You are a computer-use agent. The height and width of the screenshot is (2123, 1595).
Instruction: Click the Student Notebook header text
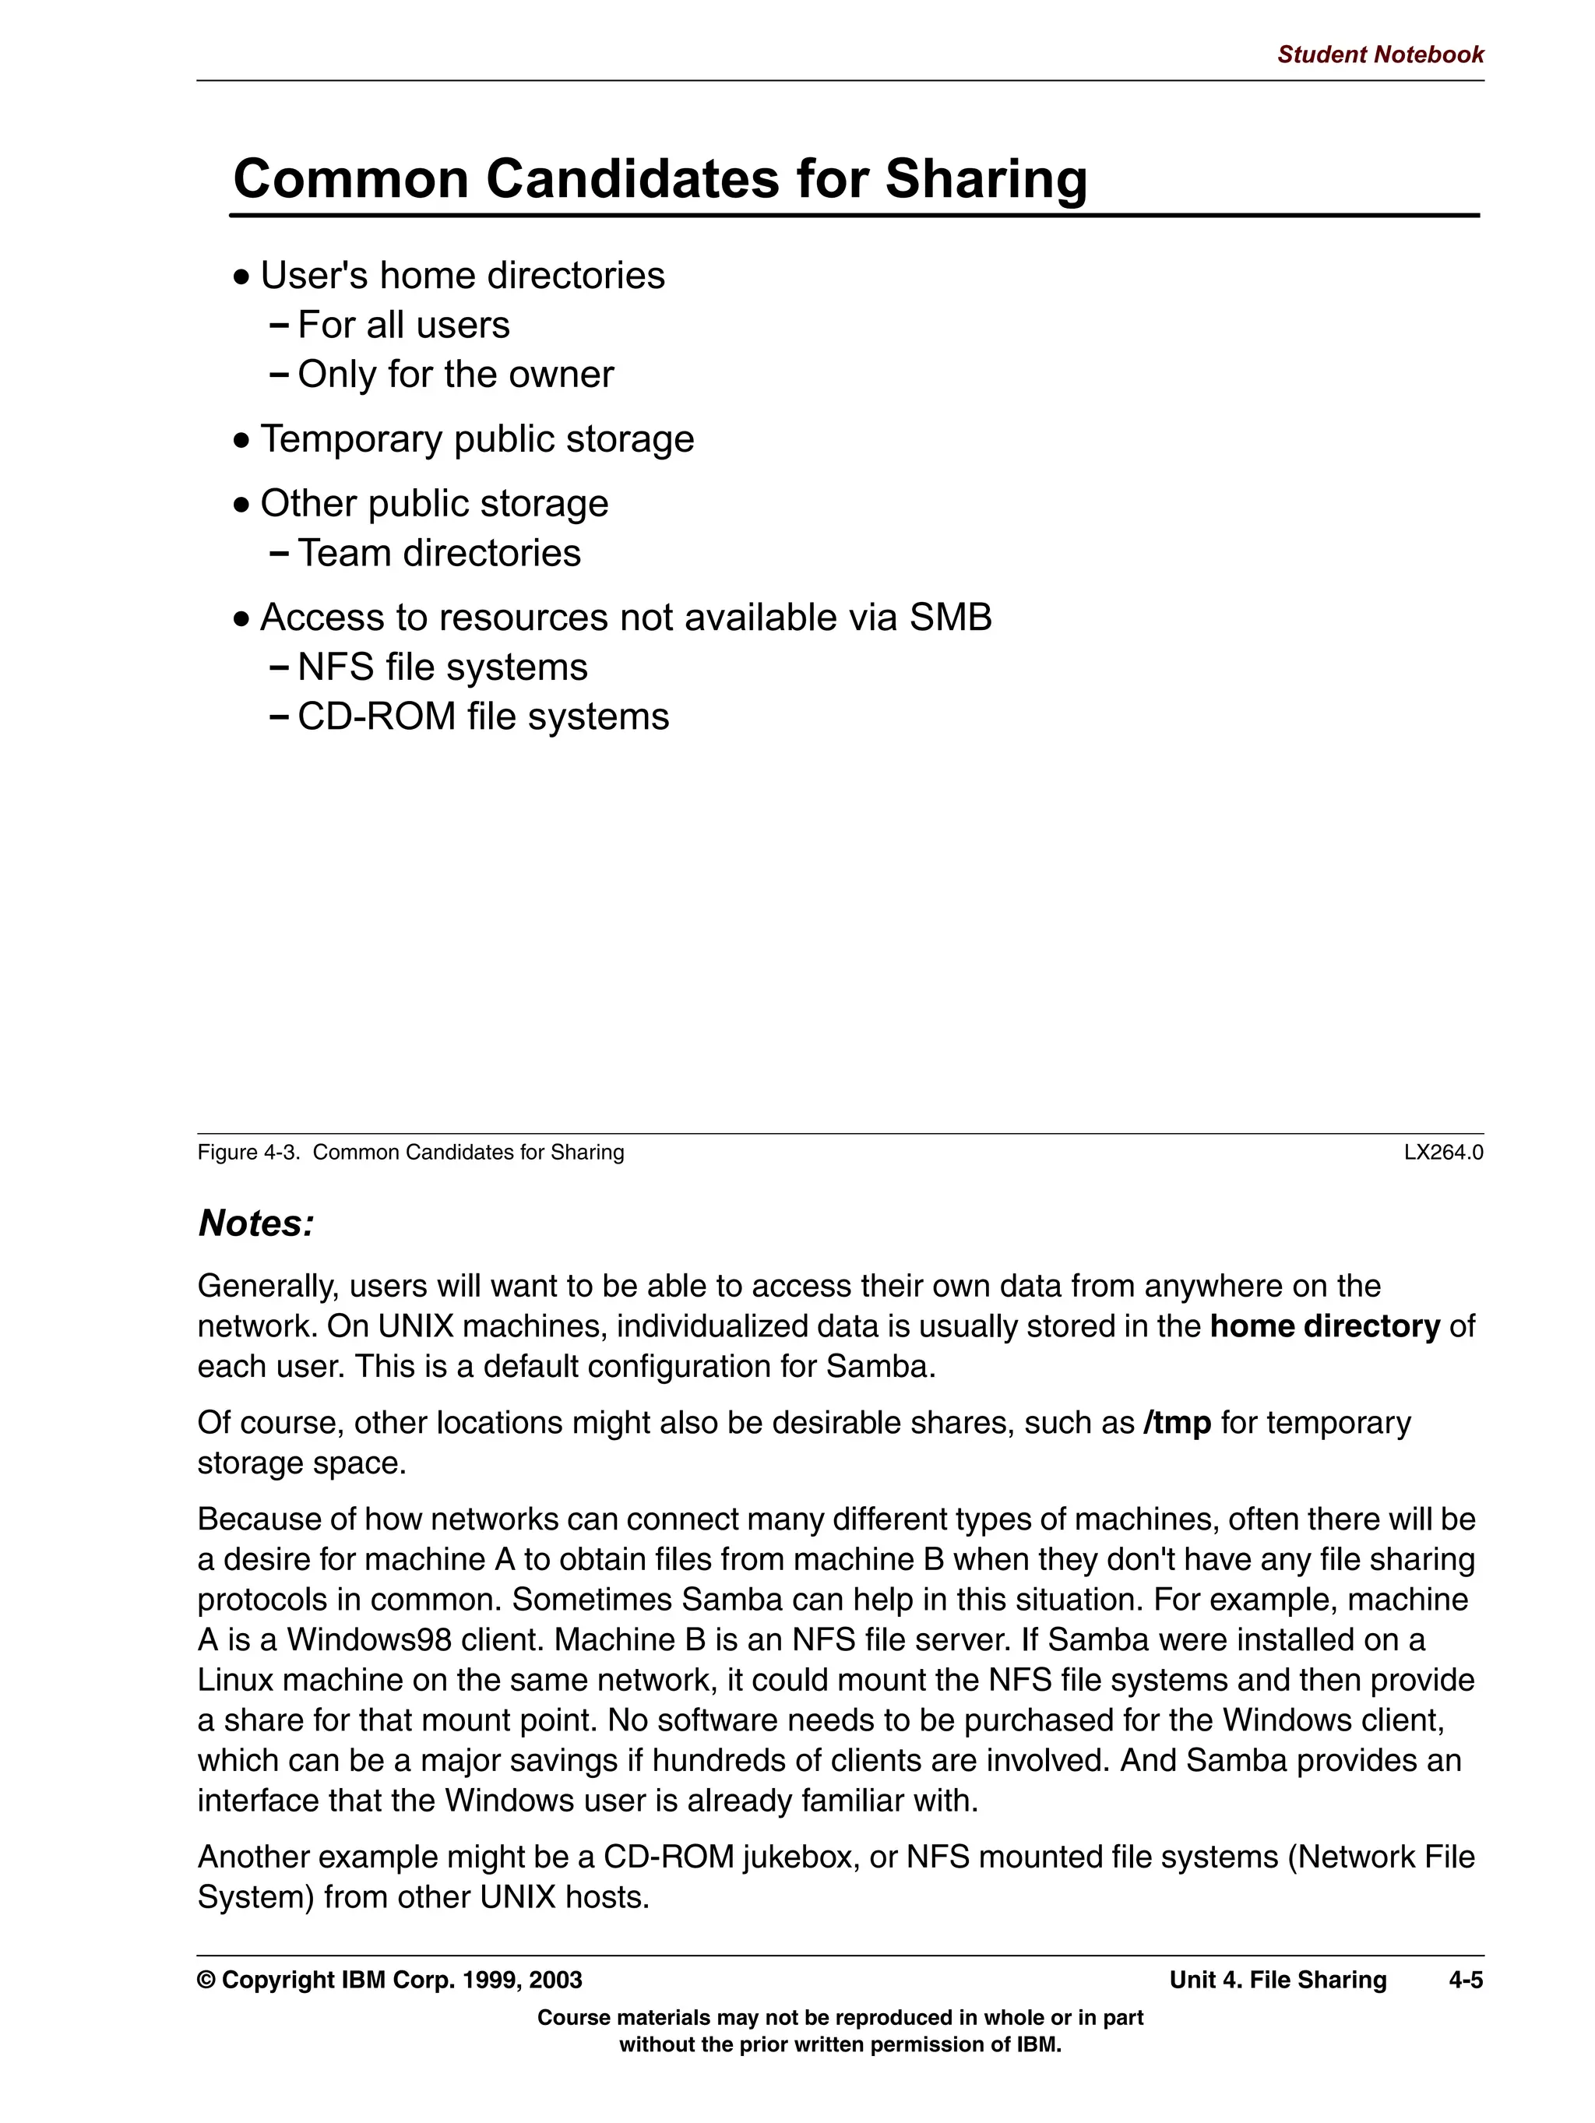point(1379,55)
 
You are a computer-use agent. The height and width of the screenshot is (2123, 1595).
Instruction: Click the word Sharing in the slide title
point(986,178)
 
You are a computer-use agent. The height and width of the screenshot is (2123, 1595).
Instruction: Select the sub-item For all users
point(403,326)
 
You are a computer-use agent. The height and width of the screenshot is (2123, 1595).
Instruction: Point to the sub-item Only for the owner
point(455,375)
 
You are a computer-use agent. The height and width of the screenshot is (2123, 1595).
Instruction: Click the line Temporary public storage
point(476,438)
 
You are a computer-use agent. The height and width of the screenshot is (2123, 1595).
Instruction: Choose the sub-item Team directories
point(438,553)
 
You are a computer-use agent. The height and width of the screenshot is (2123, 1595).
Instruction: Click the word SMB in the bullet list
point(950,617)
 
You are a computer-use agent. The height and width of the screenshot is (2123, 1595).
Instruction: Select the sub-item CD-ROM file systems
point(483,717)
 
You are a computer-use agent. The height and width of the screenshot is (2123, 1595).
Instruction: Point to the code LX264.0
point(1442,1153)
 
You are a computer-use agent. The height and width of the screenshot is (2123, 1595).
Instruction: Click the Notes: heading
point(256,1223)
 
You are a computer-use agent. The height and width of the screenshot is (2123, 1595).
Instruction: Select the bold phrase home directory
point(1325,1326)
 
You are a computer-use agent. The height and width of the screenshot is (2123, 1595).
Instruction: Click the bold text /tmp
point(1177,1422)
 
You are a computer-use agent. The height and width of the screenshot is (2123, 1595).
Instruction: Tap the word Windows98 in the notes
point(368,1639)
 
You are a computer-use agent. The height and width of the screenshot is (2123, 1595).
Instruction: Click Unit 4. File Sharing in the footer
point(1277,1980)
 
